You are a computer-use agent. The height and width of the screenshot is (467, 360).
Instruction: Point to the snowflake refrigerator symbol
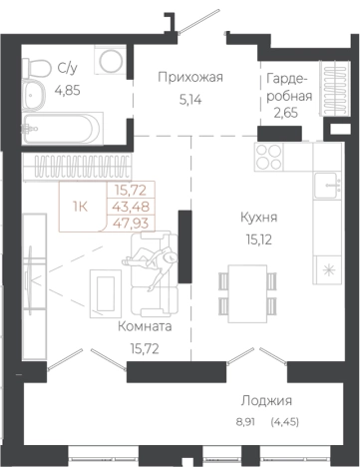(x=327, y=268)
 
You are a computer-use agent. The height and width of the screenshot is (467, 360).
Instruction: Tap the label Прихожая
(x=190, y=77)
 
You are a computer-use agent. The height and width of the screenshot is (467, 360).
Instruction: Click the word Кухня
(x=259, y=216)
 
